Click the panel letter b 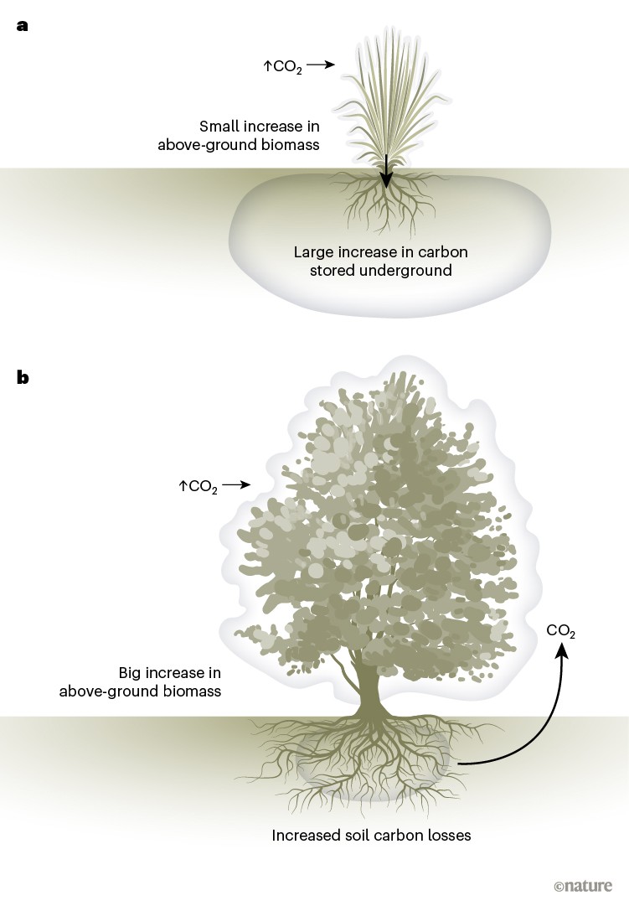point(23,377)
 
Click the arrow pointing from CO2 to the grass point(320,64)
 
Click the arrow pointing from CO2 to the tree point(237,484)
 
